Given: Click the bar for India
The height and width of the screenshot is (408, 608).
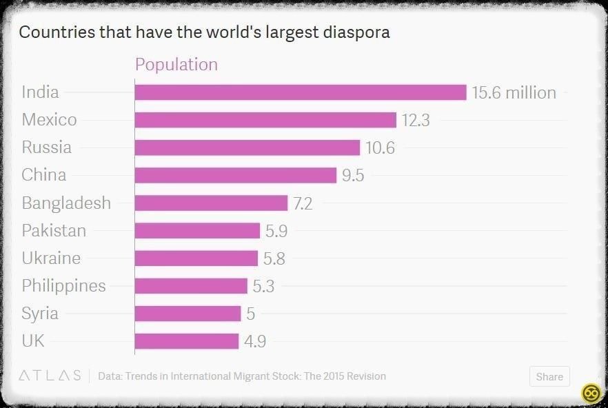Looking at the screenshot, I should (301, 92).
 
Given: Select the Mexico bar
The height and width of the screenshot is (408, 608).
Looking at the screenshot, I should (265, 120).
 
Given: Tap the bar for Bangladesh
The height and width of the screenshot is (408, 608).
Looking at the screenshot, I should (211, 203).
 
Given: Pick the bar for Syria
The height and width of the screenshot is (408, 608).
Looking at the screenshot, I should (188, 314).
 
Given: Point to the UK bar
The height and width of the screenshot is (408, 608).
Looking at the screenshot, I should (187, 341).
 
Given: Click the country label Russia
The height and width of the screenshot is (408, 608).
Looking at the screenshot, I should (46, 147).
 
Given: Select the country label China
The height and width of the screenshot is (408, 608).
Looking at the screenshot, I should (44, 175).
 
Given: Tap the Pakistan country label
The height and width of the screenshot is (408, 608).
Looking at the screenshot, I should (54, 230).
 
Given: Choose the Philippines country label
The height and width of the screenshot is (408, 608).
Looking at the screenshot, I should (63, 285).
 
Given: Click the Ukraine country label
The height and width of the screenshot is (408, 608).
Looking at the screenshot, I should (51, 258).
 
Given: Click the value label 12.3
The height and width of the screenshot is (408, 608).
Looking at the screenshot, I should (416, 121).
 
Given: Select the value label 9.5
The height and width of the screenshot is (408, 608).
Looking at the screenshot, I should (353, 176).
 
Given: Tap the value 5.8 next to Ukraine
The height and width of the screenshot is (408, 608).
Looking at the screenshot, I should (274, 258).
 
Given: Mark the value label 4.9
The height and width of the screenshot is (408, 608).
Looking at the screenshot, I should (256, 341).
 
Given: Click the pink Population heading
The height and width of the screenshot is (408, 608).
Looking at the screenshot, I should (176, 65).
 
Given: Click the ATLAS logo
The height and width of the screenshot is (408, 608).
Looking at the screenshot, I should (50, 376).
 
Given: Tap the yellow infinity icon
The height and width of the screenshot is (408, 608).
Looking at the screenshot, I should (590, 393).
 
